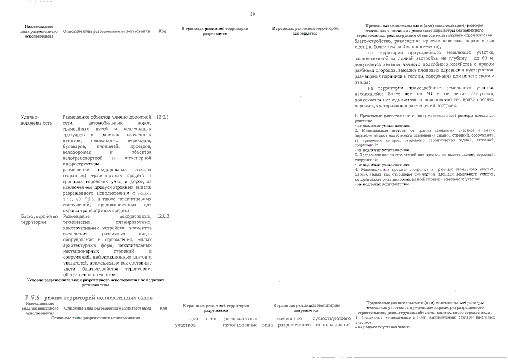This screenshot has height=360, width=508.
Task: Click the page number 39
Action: click(252, 14)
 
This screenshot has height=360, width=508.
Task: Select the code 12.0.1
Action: click(162, 117)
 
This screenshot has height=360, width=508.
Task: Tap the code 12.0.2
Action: click(163, 216)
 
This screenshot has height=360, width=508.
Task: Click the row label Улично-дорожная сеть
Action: click(36, 120)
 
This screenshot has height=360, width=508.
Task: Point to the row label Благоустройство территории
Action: click(39, 219)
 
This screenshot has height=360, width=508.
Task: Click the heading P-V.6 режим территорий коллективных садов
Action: click(89, 298)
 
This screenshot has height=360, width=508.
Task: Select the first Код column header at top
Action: click(162, 31)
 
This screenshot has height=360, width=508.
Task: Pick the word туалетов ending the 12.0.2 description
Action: click(105, 274)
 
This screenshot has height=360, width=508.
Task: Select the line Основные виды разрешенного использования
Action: click(96, 318)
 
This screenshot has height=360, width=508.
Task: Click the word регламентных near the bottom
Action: click(241, 319)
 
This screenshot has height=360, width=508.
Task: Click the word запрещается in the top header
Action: click(305, 33)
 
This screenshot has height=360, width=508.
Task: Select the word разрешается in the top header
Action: click(215, 34)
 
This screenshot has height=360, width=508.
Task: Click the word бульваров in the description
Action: click(75, 146)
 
